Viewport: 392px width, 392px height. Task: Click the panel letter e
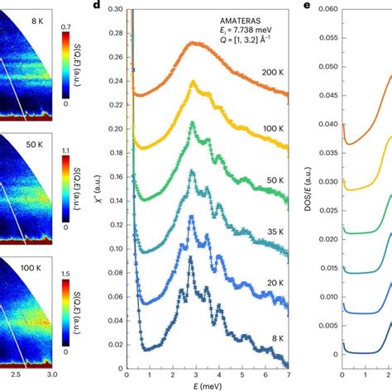click(x=308, y=6)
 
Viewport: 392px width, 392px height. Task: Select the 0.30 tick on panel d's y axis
click(x=114, y=9)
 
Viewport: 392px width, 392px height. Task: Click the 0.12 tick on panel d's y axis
click(x=114, y=216)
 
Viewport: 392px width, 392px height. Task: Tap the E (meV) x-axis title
click(x=207, y=386)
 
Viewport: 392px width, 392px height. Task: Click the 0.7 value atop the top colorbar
click(x=68, y=26)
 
